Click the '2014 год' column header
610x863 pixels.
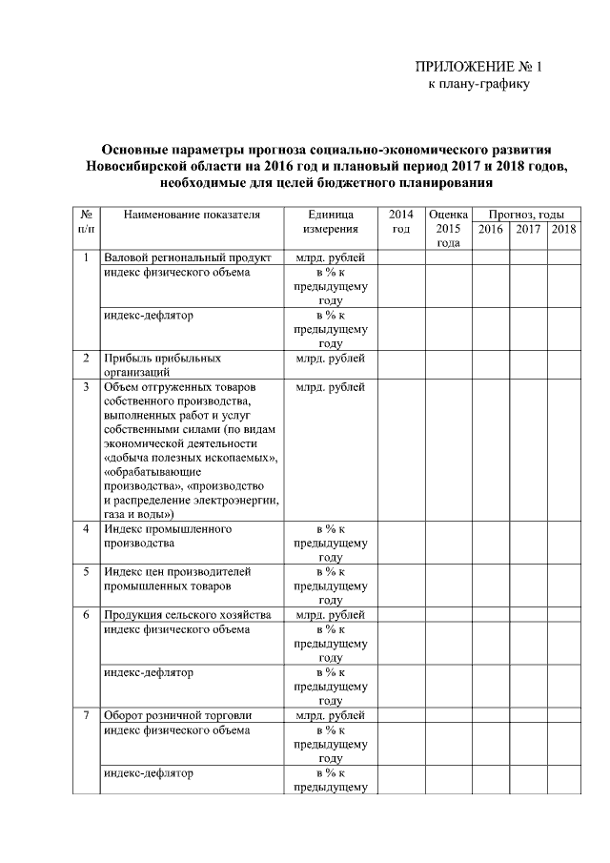(401, 221)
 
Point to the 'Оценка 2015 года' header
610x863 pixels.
(448, 229)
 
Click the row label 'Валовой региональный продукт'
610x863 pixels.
(188, 257)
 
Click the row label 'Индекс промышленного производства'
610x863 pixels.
(168, 535)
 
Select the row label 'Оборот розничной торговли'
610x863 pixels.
(177, 715)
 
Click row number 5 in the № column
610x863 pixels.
(86, 571)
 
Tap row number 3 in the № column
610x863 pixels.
(86, 387)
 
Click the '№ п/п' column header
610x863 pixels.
(86, 221)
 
